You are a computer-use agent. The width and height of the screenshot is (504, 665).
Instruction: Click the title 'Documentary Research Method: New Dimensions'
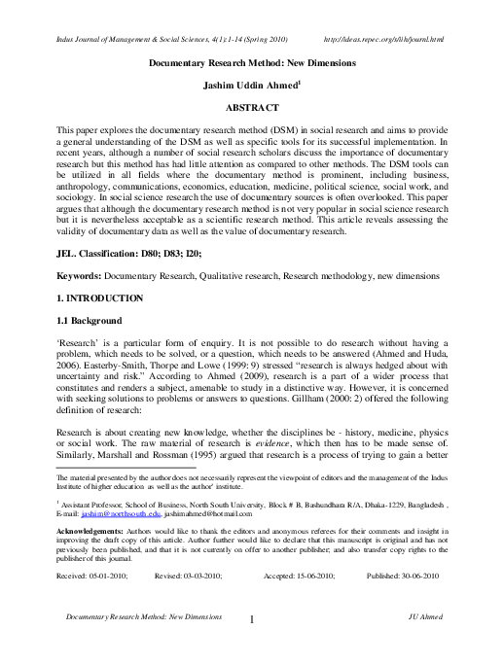(x=252, y=62)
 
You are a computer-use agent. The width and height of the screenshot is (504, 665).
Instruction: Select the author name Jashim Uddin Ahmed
(x=251, y=84)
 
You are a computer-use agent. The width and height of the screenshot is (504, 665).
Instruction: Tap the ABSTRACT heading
(x=252, y=105)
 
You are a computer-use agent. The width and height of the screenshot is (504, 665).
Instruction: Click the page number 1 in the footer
(x=251, y=620)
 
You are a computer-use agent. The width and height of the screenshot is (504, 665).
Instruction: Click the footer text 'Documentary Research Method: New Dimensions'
(x=137, y=617)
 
